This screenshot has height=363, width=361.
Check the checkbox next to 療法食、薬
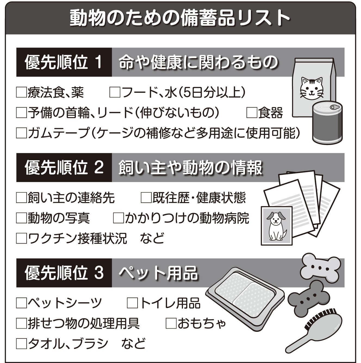point(21,93)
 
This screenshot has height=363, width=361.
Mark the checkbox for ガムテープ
point(21,133)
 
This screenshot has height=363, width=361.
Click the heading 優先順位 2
point(64,168)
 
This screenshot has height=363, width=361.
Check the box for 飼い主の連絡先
point(21,198)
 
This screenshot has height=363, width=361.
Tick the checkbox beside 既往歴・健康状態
point(146,198)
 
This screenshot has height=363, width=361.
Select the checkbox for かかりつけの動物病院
point(118,218)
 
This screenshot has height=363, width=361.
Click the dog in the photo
point(276,225)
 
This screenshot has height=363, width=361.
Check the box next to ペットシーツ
point(21,303)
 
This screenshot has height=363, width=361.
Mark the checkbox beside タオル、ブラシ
point(21,343)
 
